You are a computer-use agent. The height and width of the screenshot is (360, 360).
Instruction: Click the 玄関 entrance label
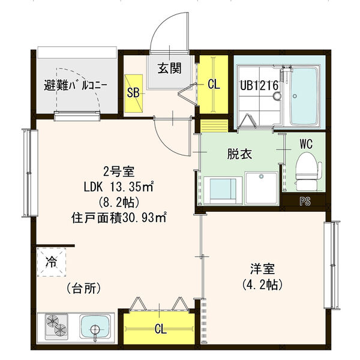click(x=170, y=68)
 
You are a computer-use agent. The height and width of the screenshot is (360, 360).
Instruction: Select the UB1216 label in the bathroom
click(x=259, y=86)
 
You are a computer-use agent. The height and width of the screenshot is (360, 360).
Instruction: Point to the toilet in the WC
click(x=306, y=167)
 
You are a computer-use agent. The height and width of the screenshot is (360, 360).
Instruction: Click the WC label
click(x=305, y=144)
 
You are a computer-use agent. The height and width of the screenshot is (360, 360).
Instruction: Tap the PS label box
click(x=305, y=201)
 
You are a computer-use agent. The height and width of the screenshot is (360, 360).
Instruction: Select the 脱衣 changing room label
click(x=238, y=154)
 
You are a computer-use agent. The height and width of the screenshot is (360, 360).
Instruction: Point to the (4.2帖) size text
click(x=263, y=284)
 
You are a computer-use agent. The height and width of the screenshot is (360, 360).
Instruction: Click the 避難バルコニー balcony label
click(x=76, y=85)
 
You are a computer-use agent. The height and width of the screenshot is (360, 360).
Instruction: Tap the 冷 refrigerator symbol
click(x=51, y=262)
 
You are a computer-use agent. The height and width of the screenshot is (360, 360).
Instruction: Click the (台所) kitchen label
click(x=83, y=288)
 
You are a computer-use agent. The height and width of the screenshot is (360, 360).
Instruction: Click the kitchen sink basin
click(x=96, y=328)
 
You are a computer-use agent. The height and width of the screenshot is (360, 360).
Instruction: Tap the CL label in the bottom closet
click(x=160, y=329)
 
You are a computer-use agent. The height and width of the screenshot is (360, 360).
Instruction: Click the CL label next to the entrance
click(x=214, y=85)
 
